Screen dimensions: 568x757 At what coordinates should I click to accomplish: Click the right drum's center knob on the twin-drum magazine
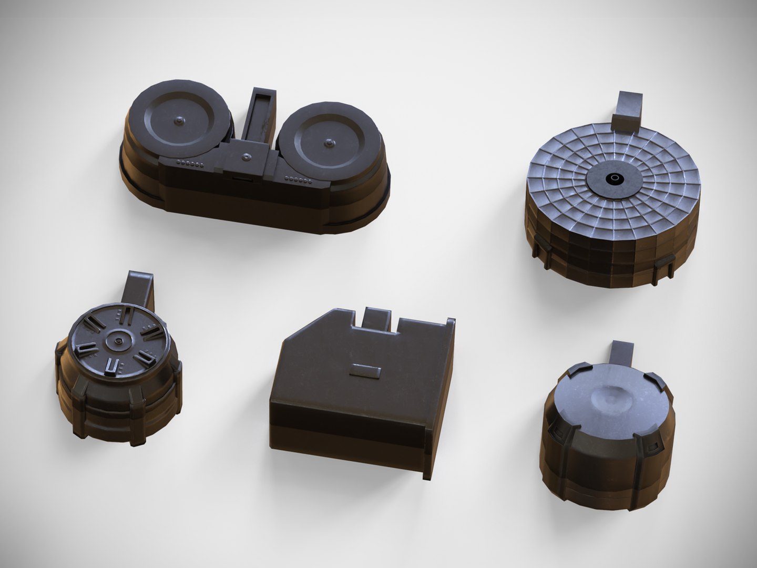point(329,142)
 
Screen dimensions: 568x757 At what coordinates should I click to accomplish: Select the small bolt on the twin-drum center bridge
point(246,156)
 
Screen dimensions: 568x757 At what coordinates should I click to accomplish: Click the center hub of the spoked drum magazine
point(118,343)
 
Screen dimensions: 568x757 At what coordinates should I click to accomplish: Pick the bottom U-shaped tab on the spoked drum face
point(112,368)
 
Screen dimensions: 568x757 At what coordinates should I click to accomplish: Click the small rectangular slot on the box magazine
point(364,371)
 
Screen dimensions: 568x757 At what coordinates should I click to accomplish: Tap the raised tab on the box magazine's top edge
point(377,320)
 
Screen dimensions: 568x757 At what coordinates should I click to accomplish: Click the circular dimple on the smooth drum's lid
point(610,400)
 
